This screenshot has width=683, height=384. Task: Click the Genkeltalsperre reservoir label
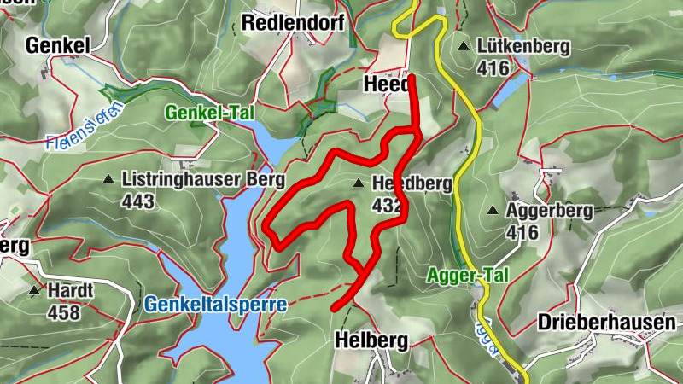tap(215, 304)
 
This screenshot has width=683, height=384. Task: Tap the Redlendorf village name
tap(293, 23)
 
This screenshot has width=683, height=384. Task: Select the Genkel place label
tap(57, 44)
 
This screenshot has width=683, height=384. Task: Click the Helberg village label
tap(372, 340)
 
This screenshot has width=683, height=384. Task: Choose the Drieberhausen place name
tap(607, 323)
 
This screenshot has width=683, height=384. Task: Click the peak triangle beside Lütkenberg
tap(463, 46)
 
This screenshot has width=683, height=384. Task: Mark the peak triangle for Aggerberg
tap(493, 210)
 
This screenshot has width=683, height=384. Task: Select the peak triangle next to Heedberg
tap(359, 183)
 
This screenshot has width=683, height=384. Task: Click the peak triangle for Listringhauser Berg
tap(108, 180)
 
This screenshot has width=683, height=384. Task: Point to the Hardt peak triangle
tap(34, 291)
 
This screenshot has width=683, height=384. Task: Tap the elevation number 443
tap(138, 201)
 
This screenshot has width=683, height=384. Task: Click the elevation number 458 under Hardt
tap(63, 312)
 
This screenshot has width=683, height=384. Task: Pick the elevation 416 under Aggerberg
tap(522, 231)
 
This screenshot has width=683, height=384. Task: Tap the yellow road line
tap(468, 171)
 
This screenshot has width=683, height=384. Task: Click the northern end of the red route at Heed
tap(412, 78)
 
